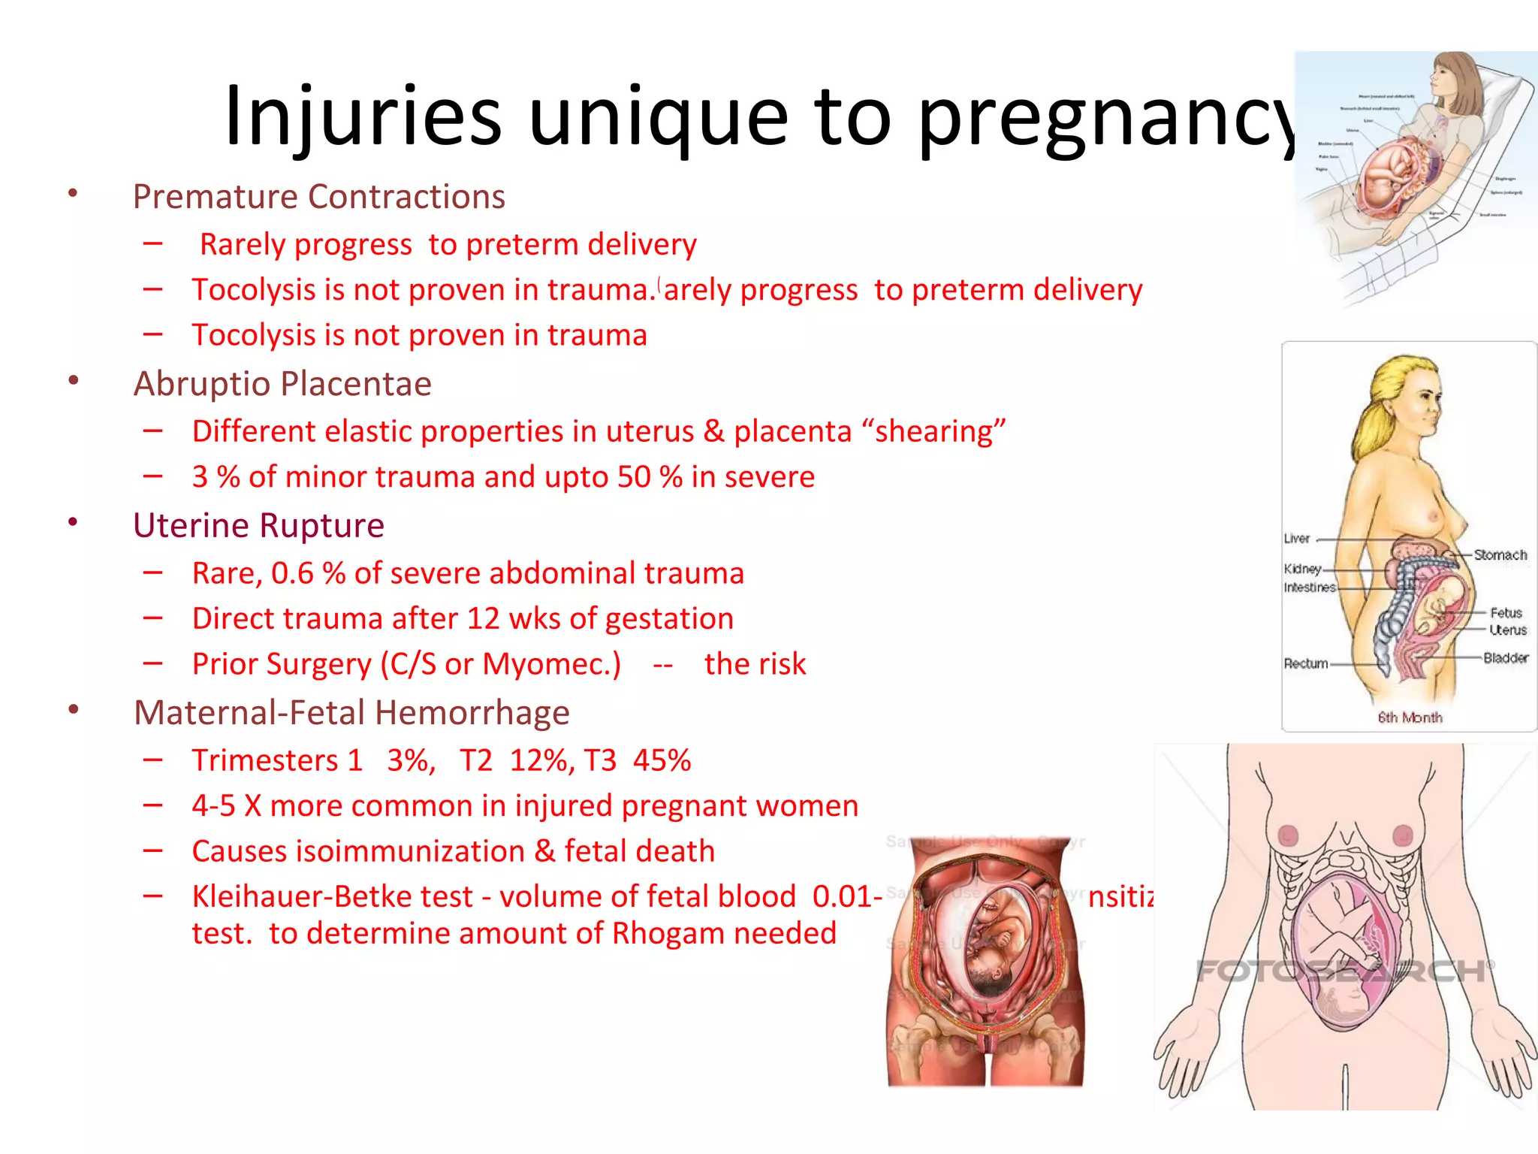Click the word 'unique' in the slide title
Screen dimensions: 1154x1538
658,116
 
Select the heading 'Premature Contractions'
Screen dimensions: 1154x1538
318,197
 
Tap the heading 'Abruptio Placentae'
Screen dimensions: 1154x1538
282,384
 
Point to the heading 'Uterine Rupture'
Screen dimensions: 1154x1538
258,525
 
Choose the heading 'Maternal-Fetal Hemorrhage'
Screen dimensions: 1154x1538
351,712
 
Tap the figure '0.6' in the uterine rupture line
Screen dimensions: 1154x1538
292,573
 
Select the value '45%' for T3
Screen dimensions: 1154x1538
662,760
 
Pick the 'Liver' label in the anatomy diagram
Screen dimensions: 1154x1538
1297,539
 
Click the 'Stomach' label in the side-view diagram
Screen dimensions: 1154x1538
1500,555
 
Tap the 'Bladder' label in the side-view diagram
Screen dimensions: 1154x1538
1505,658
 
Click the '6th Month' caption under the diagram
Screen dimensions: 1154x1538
1410,717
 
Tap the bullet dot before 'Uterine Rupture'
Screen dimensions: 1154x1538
73,522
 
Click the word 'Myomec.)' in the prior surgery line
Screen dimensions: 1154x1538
551,664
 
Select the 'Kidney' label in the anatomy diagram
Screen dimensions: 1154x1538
1302,569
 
